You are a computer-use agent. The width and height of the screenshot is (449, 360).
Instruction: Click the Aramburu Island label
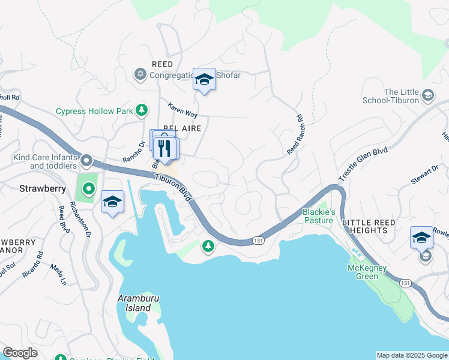click(134, 303)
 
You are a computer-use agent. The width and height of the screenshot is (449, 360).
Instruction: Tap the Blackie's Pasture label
click(318, 217)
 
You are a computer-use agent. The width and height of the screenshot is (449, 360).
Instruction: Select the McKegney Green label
click(363, 272)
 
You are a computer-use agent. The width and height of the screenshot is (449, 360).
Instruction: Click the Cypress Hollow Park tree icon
click(142, 110)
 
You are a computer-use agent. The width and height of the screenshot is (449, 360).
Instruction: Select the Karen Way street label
click(182, 110)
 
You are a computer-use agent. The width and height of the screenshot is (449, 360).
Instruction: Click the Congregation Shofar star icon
click(140, 74)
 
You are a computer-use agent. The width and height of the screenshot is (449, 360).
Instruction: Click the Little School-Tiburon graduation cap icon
click(427, 95)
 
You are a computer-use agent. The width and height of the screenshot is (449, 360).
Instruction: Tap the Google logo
click(20, 353)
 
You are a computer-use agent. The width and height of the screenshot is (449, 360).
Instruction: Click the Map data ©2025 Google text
click(412, 355)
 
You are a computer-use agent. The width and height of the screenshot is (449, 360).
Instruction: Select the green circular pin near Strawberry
click(89, 190)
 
